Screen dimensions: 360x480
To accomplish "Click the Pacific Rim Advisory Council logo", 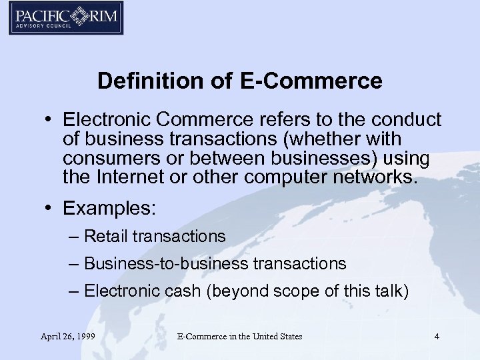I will pos(65,19).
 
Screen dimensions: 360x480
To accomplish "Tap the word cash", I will pos(185,291).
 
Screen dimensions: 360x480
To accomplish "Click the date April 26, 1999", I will pos(67,337).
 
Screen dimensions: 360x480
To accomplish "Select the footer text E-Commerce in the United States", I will pos(239,337).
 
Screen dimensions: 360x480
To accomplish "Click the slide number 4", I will pos(437,337).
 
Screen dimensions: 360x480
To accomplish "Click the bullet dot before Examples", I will pos(49,208).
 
